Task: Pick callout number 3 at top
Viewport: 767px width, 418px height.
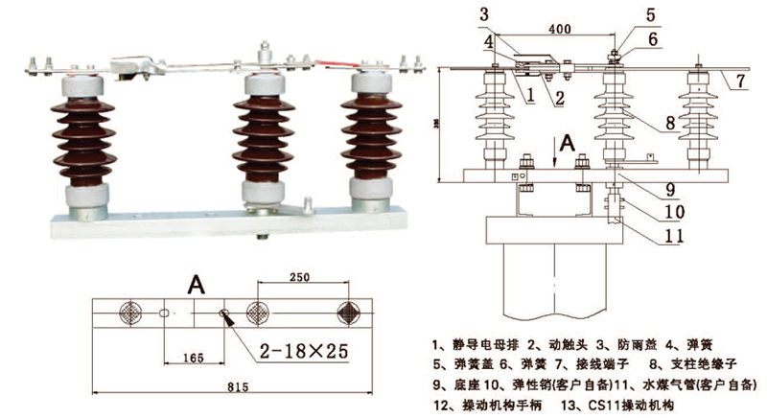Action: [x=485, y=13]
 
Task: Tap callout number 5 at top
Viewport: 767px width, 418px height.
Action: [x=650, y=14]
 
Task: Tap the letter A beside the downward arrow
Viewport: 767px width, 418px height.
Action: [x=568, y=143]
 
